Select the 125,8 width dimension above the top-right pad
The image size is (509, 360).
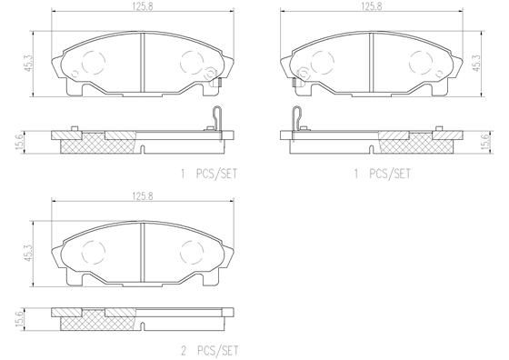click(x=370, y=7)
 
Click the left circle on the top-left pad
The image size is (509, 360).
click(x=95, y=63)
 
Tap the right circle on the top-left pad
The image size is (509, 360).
click(x=192, y=63)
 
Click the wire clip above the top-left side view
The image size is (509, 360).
click(x=215, y=118)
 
